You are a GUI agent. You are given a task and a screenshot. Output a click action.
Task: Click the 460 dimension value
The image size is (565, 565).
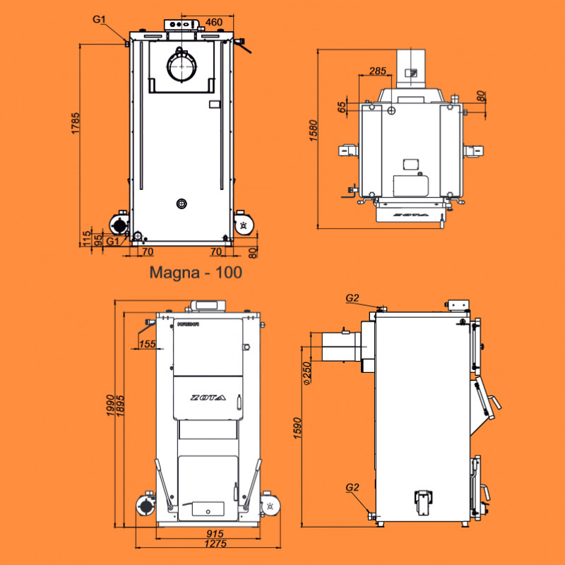pos(214,22)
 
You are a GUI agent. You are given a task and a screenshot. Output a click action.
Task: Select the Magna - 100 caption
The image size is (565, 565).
pos(196,272)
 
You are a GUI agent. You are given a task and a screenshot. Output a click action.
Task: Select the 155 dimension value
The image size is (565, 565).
pos(147,344)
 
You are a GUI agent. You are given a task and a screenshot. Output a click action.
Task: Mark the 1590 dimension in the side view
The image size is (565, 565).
pos(298,429)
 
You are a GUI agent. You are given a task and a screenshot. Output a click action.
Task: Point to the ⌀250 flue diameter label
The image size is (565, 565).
pos(307,374)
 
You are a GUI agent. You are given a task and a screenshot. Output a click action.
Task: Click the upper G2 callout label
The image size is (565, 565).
pos(353,298)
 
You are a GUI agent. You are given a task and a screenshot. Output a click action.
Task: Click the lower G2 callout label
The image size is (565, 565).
pos(353,487)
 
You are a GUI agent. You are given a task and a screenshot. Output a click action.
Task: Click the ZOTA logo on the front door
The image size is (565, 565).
pos(208,398)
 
